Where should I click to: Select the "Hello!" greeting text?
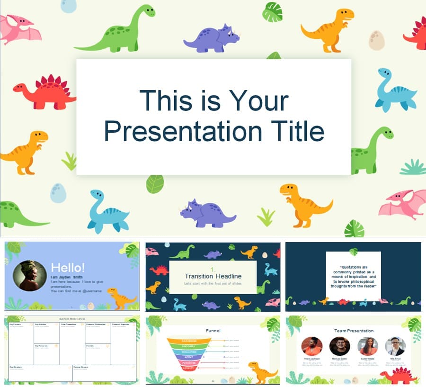pyautogui.click(x=68, y=268)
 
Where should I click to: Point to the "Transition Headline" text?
pyautogui.click(x=213, y=276)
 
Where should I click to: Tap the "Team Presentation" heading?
pyautogui.click(x=354, y=330)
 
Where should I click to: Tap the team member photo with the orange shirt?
pyautogui.click(x=311, y=346)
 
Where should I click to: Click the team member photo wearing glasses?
pyautogui.click(x=395, y=346)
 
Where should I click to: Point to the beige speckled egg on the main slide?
pyautogui.click(x=377, y=40)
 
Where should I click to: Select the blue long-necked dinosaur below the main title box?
pyautogui.click(x=108, y=212)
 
